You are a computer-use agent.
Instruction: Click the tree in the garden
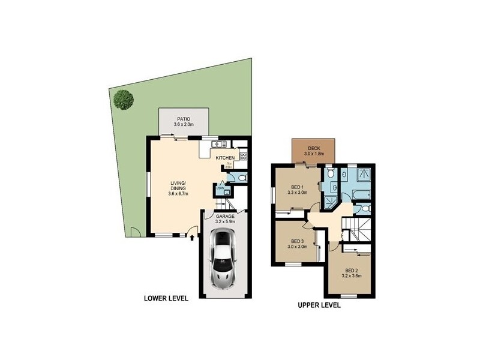(x=124, y=99)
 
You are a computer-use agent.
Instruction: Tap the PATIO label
(x=184, y=118)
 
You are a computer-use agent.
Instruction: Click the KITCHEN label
(x=226, y=158)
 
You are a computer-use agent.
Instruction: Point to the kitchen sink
(x=217, y=143)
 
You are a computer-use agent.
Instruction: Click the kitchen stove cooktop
(x=244, y=156)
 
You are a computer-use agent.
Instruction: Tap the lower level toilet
(x=240, y=178)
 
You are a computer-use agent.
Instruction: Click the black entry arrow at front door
(x=192, y=238)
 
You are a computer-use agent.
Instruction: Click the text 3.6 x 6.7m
(x=178, y=194)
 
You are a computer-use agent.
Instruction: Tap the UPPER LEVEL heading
(x=319, y=305)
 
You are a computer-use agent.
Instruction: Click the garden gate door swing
(x=136, y=233)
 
